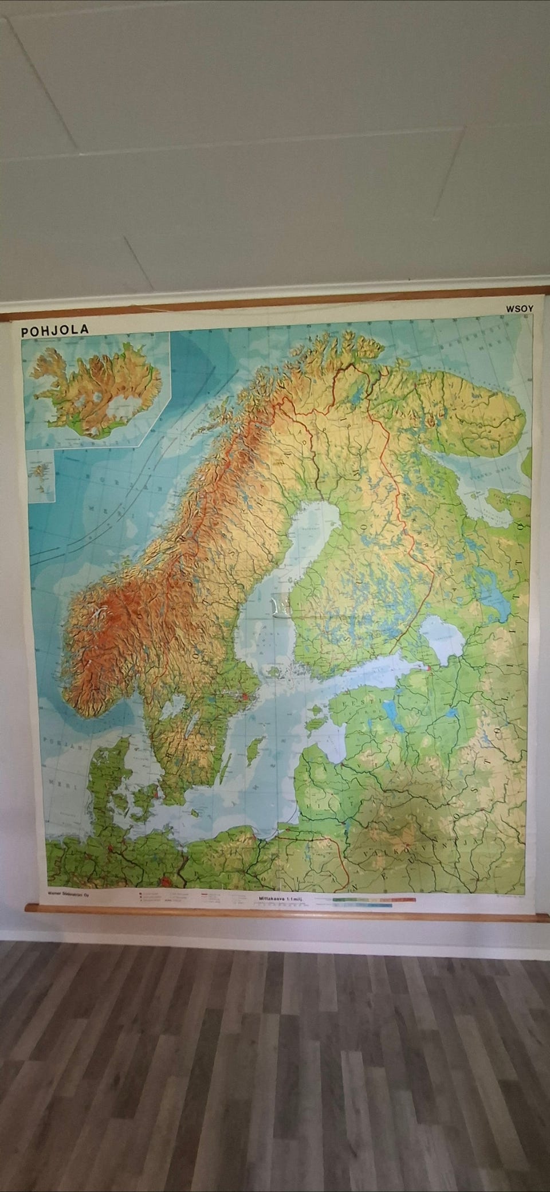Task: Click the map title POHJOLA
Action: [x=54, y=330]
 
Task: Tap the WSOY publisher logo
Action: [x=519, y=308]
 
